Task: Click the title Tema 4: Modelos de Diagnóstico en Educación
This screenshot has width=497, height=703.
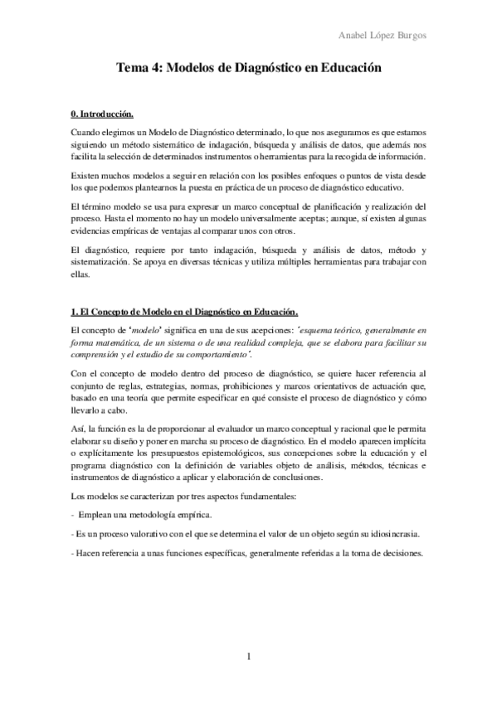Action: click(248, 70)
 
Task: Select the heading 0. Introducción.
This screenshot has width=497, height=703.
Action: click(100, 113)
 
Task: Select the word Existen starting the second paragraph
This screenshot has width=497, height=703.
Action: click(85, 177)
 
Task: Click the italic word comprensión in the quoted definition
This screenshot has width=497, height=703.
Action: click(95, 356)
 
